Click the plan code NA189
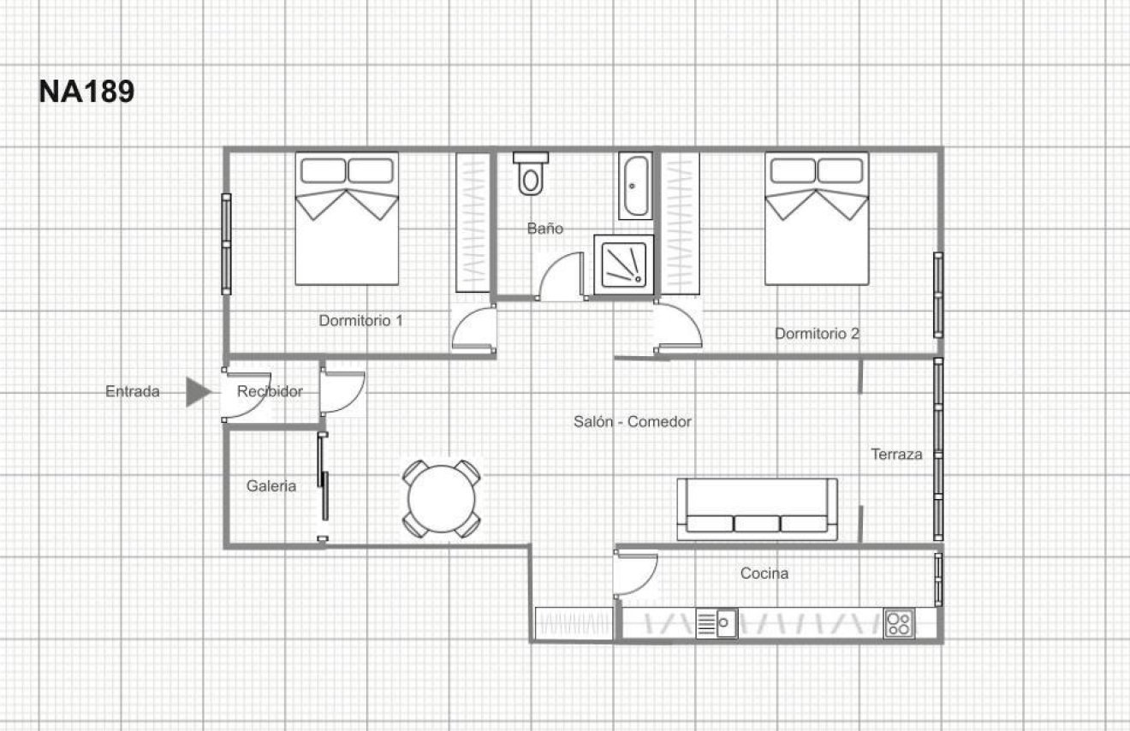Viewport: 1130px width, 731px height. tap(86, 92)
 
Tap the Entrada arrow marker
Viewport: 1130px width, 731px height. tap(198, 392)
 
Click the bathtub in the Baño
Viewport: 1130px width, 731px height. tap(634, 186)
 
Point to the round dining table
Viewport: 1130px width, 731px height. tap(442, 499)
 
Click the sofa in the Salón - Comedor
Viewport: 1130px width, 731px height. tap(757, 509)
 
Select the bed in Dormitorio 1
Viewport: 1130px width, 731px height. tap(347, 218)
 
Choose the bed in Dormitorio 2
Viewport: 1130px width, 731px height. tap(816, 218)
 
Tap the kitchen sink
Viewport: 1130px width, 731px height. tap(717, 623)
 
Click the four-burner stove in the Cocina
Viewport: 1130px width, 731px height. tap(899, 623)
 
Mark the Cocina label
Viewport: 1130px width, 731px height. tap(764, 574)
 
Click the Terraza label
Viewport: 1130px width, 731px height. tap(896, 455)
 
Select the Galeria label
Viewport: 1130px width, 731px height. tap(271, 486)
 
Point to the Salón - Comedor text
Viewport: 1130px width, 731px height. tap(633, 421)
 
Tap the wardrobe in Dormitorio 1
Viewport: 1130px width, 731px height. tap(472, 223)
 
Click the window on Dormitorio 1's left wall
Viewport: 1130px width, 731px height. tap(226, 244)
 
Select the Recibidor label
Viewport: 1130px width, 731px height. tap(270, 392)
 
